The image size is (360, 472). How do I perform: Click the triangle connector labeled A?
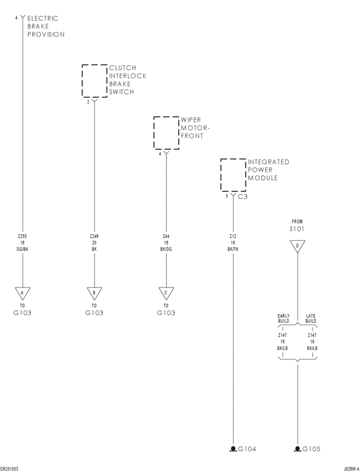point(22,293)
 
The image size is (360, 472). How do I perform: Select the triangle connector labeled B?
point(94,293)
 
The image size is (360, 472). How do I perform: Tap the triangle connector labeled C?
point(166,293)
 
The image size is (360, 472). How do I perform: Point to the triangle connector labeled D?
point(297,245)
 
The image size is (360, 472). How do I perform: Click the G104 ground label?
point(247,449)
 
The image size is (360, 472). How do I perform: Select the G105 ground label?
point(311,449)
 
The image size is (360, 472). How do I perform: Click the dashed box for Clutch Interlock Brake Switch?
point(94,81)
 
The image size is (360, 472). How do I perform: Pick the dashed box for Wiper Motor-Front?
point(166,133)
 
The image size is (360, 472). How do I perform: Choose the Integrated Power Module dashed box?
point(233,175)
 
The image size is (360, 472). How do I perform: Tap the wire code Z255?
point(22,236)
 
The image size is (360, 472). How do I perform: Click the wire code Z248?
point(94,236)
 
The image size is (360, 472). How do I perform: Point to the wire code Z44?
point(166,236)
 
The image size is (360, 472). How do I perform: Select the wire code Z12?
point(233,236)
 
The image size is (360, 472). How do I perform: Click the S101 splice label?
point(297,229)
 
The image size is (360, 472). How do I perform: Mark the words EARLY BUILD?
point(283,318)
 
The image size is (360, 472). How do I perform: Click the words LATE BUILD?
point(311,318)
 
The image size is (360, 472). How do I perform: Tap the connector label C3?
point(242,197)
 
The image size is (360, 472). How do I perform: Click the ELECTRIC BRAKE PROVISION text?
point(46,26)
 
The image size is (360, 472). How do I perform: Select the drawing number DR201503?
point(10,468)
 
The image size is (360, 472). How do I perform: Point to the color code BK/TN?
point(233,249)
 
